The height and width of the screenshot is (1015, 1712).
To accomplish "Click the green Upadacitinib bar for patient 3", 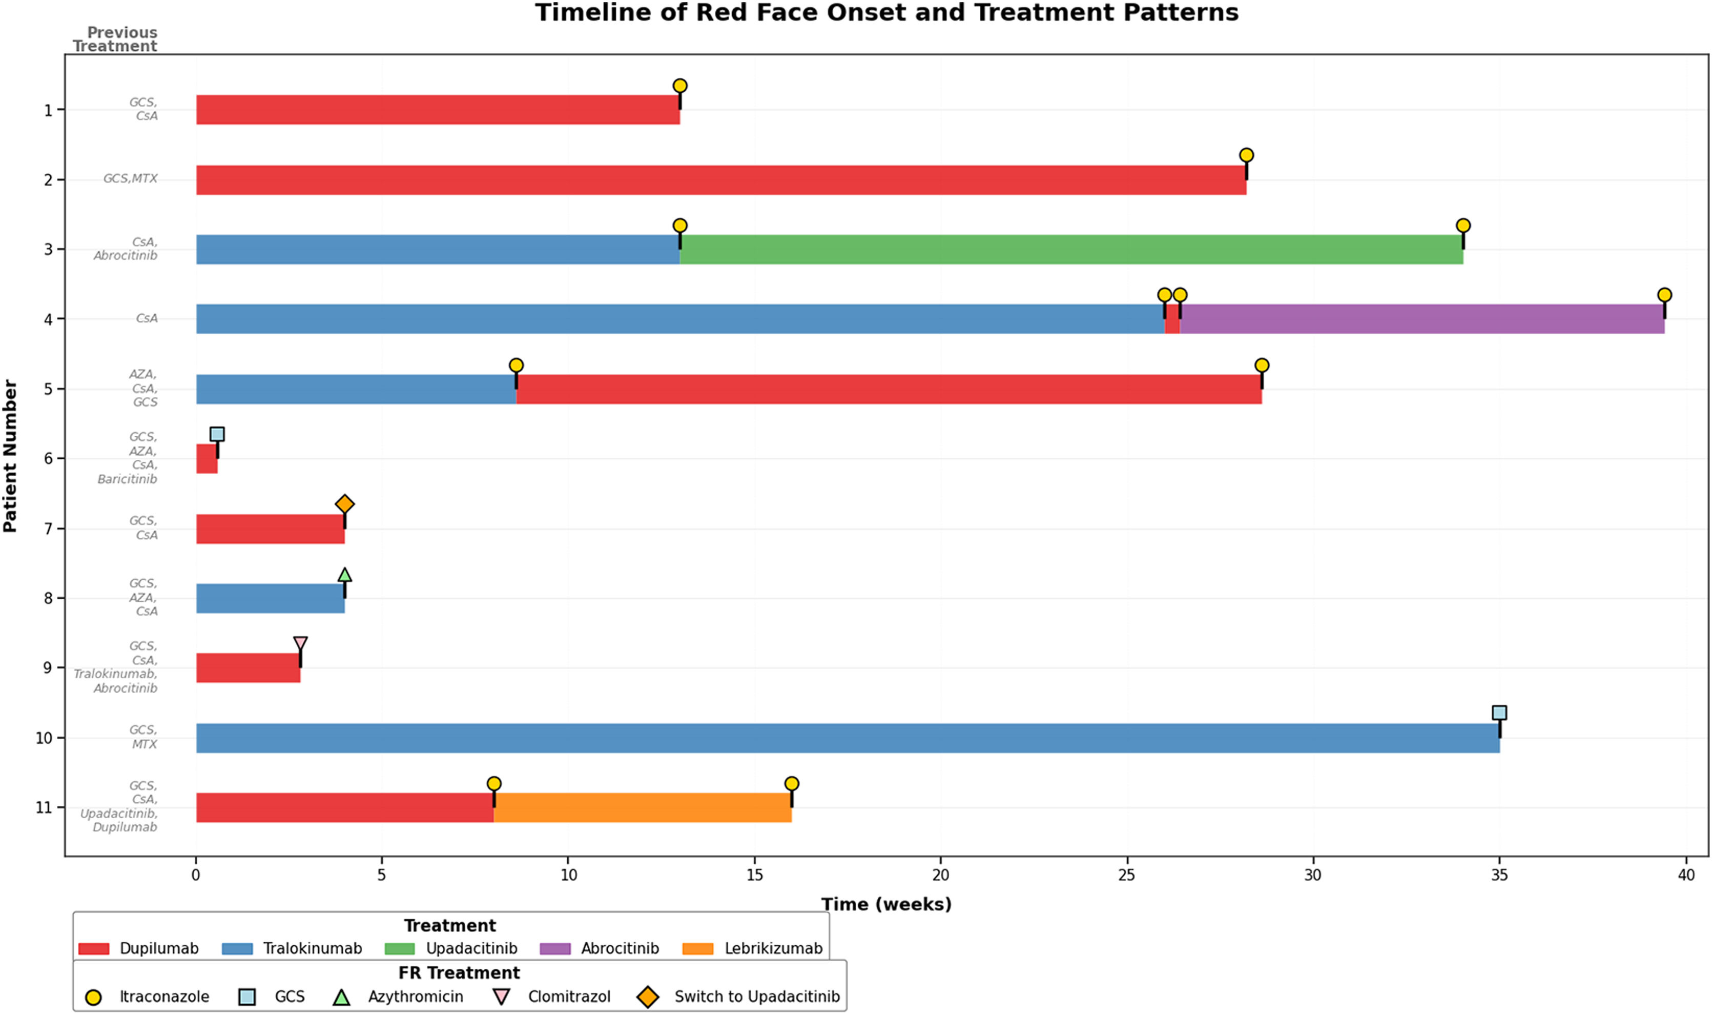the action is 1071,250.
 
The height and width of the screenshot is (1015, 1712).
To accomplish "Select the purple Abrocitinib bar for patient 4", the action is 1422,319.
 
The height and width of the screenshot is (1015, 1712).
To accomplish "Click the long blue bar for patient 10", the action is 848,738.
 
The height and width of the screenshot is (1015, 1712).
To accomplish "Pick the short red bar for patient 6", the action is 207,458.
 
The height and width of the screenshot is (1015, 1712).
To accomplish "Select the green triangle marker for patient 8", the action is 344,575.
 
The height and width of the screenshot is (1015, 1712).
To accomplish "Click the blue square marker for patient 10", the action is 1499,713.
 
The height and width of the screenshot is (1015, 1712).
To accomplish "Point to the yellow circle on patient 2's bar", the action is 1246,155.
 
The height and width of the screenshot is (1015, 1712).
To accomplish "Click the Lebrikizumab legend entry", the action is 752,949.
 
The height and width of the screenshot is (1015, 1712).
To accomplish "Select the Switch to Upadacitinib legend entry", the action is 738,997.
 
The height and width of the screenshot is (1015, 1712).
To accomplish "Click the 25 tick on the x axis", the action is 1127,875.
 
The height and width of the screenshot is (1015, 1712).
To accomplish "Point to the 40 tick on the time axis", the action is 1686,875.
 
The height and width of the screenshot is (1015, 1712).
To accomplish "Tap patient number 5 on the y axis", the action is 48,389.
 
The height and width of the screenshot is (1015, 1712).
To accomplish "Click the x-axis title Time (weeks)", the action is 886,904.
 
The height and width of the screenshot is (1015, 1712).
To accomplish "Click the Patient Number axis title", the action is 10,456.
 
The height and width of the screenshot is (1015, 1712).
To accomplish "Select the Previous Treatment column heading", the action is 115,39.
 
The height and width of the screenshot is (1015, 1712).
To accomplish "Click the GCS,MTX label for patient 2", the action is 130,178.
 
